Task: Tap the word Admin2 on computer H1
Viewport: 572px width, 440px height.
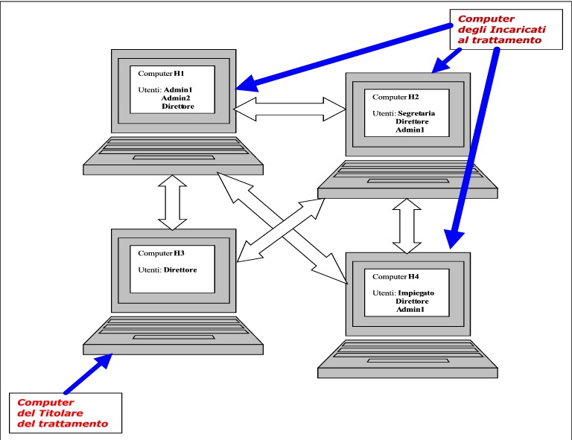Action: pos(177,98)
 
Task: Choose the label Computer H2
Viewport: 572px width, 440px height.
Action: pos(398,97)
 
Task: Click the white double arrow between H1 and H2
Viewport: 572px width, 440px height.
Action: pos(289,109)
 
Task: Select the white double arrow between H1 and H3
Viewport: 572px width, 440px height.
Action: pos(172,203)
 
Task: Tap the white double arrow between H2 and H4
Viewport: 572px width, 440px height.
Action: pos(407,224)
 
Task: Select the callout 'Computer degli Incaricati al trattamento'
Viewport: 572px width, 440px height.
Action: pos(499,30)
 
